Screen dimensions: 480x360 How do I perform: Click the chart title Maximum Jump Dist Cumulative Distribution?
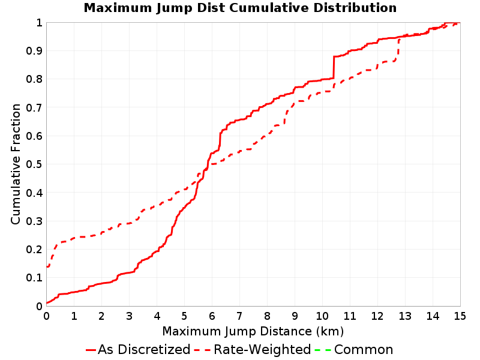point(240,8)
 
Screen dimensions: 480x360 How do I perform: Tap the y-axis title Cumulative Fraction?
point(16,164)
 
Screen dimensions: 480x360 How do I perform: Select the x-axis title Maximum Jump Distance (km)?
point(253,331)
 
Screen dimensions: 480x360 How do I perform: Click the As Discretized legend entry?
point(138,349)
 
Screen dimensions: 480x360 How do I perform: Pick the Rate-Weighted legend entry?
point(253,349)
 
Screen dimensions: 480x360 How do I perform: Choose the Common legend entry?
point(353,349)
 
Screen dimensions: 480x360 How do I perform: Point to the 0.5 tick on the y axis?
point(34,164)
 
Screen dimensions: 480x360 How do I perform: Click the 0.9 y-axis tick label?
point(34,50)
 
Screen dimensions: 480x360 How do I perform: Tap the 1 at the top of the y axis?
point(39,23)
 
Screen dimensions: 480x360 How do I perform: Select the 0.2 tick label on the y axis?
point(34,250)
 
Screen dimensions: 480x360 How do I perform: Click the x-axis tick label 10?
point(322,316)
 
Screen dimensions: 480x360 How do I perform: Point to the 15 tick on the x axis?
point(460,316)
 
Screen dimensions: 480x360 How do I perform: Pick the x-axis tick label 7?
point(239,316)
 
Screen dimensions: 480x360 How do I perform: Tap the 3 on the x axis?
point(129,316)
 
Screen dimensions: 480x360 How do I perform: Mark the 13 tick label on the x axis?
point(404,316)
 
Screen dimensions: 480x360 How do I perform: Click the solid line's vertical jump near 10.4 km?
point(334,67)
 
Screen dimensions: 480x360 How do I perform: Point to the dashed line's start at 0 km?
point(47,266)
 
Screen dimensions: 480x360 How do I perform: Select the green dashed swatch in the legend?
point(323,350)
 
